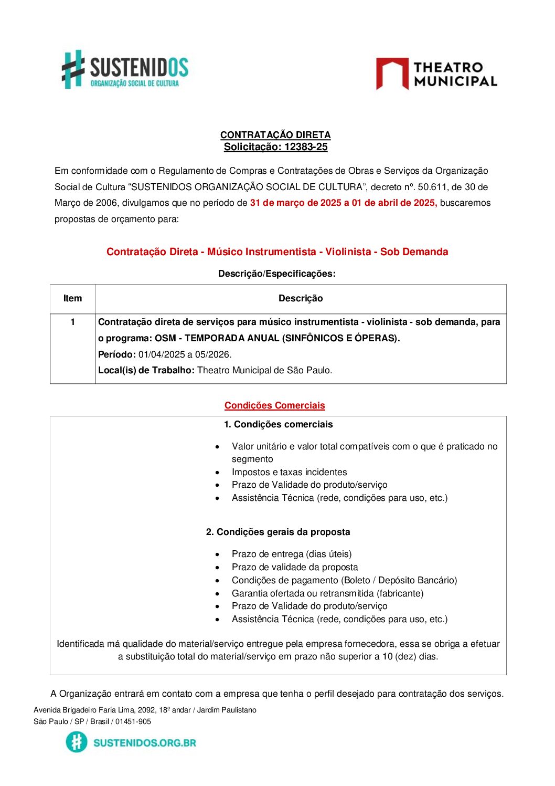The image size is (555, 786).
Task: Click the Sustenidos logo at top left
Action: coord(125,70)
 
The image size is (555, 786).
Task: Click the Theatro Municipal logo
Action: coord(436,74)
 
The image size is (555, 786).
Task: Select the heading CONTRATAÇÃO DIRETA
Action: coord(275,135)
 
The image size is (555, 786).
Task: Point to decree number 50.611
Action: coord(432,187)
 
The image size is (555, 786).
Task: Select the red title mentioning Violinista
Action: coord(277,251)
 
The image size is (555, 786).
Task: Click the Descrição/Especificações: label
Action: coord(276,274)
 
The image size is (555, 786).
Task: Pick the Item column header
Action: coord(72,298)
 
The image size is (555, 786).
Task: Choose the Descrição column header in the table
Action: coord(301,298)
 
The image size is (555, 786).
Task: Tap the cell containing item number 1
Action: coord(72,322)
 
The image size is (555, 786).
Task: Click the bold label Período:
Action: coord(117,354)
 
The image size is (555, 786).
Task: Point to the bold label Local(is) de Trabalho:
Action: coord(146,370)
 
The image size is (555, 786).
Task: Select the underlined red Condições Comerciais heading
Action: coord(275,405)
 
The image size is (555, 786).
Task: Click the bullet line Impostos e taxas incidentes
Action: coord(289,472)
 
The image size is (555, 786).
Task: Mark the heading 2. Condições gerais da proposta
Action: coord(278,532)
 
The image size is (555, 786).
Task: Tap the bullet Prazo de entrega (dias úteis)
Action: coord(292,554)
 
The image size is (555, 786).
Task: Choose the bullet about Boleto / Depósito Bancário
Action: coord(344,580)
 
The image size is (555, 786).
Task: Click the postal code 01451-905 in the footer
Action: coord(133,721)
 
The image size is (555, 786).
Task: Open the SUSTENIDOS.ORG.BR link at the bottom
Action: coord(144,742)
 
